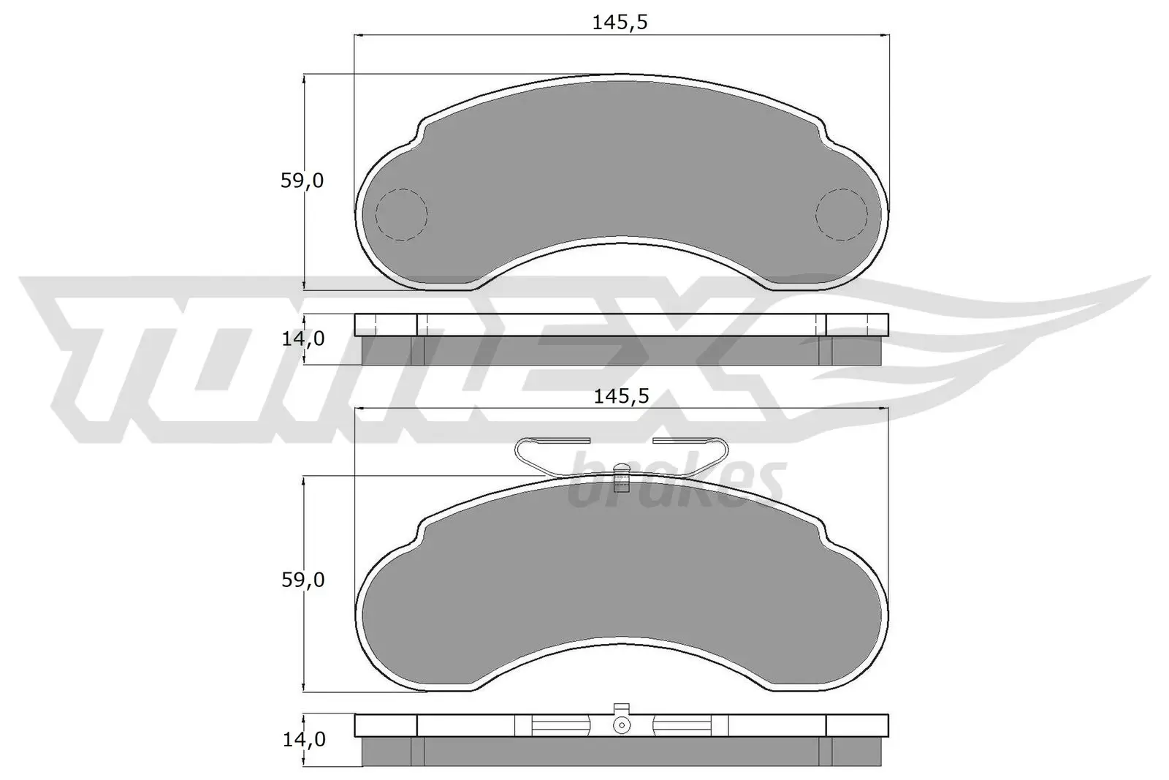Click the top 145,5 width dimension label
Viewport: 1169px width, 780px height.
tap(620, 23)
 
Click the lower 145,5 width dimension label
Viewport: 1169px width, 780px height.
tap(620, 397)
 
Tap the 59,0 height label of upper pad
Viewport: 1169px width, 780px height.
tap(302, 181)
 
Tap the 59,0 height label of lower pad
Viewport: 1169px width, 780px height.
tap(302, 580)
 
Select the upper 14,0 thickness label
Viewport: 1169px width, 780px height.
tap(302, 338)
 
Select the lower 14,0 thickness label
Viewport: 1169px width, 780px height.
tap(302, 739)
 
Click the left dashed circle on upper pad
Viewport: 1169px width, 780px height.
tap(400, 215)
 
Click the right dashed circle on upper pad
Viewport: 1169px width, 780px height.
tap(841, 215)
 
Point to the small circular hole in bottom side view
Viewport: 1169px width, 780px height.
tap(621, 725)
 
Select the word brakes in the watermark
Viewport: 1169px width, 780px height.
tap(676, 482)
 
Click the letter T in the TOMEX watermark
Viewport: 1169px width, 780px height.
tap(110, 358)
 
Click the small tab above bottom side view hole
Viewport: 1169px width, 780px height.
tap(621, 708)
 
